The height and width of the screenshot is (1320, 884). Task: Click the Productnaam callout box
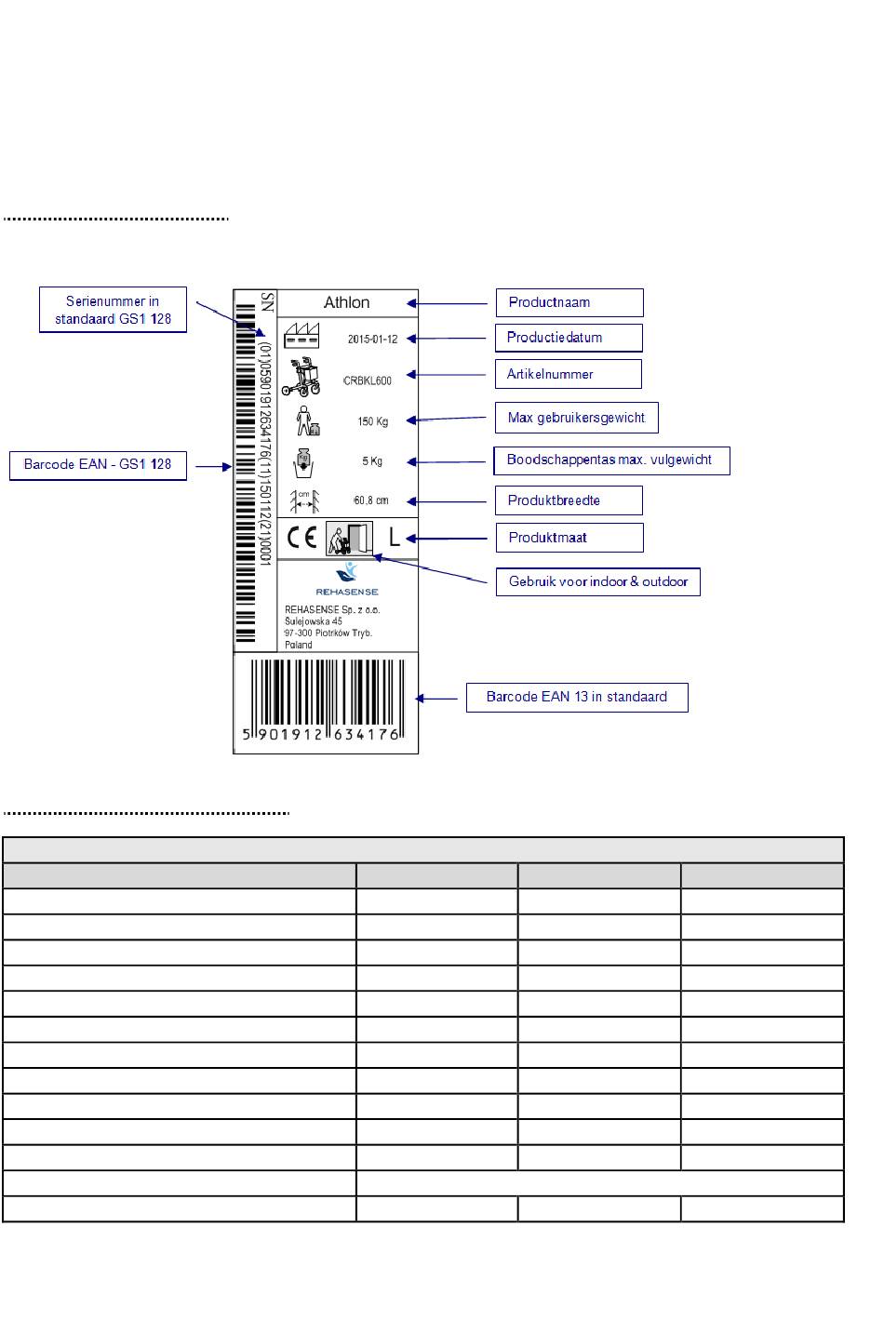569,302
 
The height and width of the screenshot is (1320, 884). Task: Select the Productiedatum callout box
569,338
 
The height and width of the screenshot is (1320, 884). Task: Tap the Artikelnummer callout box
568,374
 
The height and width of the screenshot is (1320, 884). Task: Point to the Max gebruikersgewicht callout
576,418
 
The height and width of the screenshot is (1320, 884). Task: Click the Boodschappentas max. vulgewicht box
610,460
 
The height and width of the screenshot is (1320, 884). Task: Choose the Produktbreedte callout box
569,500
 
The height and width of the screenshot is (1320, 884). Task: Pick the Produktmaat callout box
569,538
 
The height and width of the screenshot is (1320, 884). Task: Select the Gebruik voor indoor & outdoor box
597,582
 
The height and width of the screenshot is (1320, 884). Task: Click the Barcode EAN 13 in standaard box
577,698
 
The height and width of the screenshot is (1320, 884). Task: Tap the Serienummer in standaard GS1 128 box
113,310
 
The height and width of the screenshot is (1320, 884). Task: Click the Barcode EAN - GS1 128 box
98,465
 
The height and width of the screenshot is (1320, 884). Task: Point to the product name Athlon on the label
347,303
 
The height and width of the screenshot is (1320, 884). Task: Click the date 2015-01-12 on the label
372,340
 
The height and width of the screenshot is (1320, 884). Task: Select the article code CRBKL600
368,380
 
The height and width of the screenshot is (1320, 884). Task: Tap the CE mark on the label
302,539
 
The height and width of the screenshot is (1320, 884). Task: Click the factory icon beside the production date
301,336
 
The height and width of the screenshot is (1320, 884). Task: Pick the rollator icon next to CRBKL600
301,377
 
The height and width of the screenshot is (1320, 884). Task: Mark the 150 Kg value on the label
373,422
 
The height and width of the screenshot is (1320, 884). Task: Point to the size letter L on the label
395,538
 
